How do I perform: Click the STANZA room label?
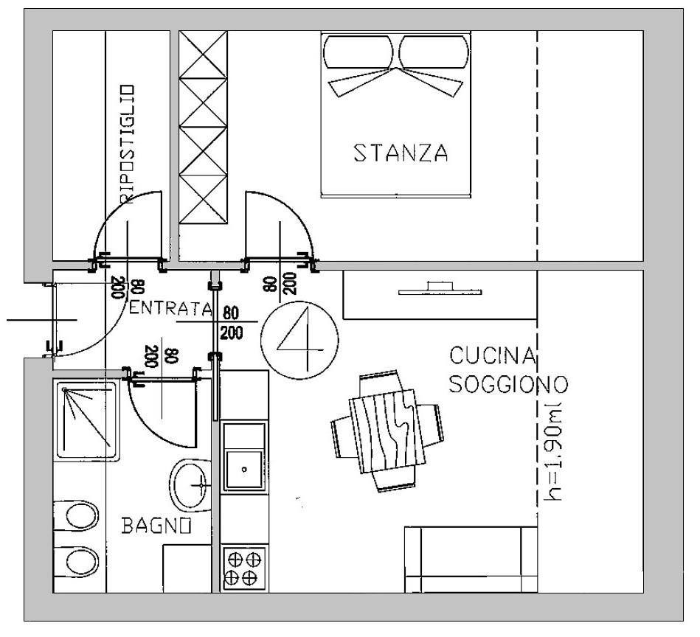pos(401,153)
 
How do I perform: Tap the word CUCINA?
pos(492,357)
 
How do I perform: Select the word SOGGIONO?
pos(507,384)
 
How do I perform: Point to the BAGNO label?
pos(157,526)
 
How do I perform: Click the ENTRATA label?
pos(170,308)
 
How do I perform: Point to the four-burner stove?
pos(243,568)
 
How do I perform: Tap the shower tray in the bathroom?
pos(86,420)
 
